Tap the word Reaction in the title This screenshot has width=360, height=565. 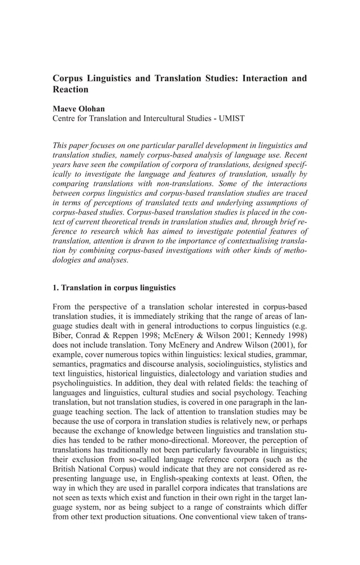tap(71, 90)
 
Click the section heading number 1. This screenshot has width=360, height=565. tap(55, 288)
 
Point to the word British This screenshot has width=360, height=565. tap(65, 480)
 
